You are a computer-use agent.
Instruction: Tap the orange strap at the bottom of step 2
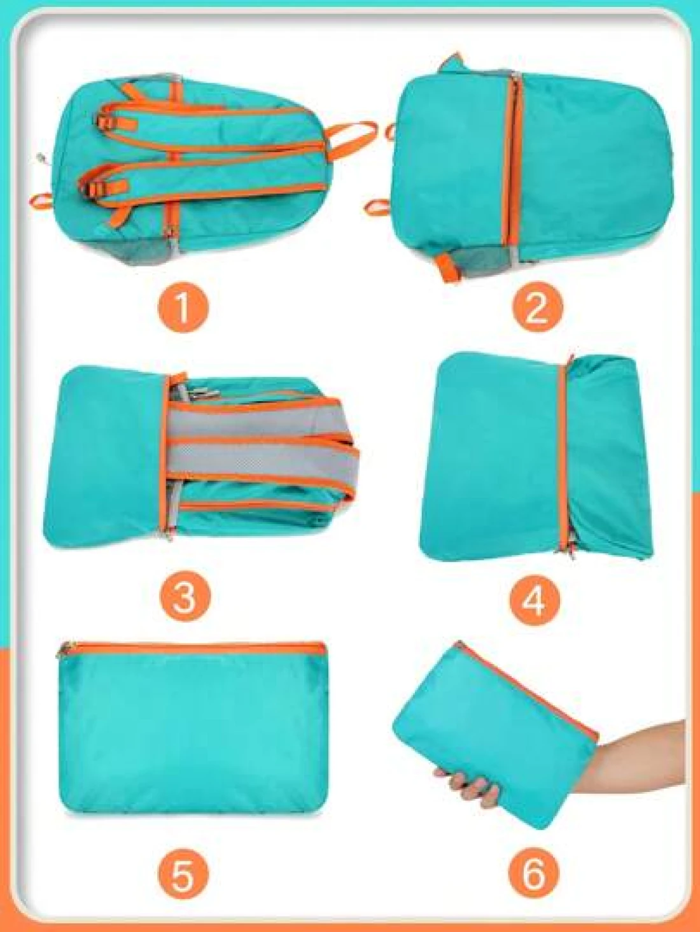(447, 267)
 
